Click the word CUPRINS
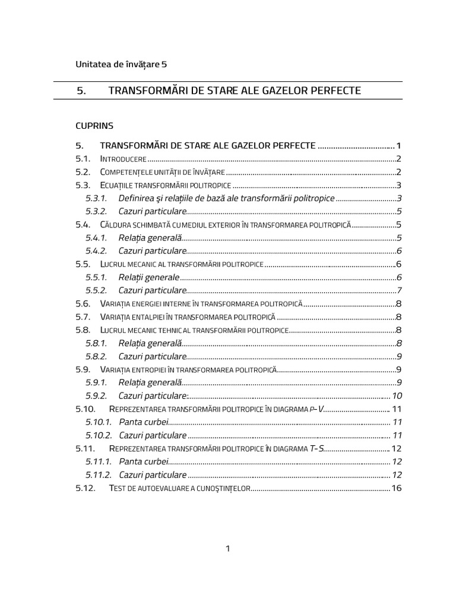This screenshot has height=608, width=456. pyautogui.click(x=94, y=126)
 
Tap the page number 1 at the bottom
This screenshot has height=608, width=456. pyautogui.click(x=227, y=549)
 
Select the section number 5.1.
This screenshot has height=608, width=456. pyautogui.click(x=83, y=159)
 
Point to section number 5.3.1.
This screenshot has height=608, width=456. pyautogui.click(x=96, y=198)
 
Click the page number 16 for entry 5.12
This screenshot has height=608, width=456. pyautogui.click(x=397, y=488)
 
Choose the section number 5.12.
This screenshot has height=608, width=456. pyautogui.click(x=85, y=488)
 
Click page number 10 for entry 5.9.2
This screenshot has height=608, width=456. pyautogui.click(x=397, y=396)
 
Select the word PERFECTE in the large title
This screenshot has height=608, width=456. pyautogui.click(x=331, y=90)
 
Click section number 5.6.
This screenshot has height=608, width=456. pyautogui.click(x=83, y=303)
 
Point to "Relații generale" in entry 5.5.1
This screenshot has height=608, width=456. pyautogui.click(x=148, y=277)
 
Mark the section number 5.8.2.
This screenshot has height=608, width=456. pyautogui.click(x=96, y=356)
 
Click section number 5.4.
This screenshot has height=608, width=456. pyautogui.click(x=83, y=225)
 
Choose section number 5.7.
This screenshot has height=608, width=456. pyautogui.click(x=83, y=316)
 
